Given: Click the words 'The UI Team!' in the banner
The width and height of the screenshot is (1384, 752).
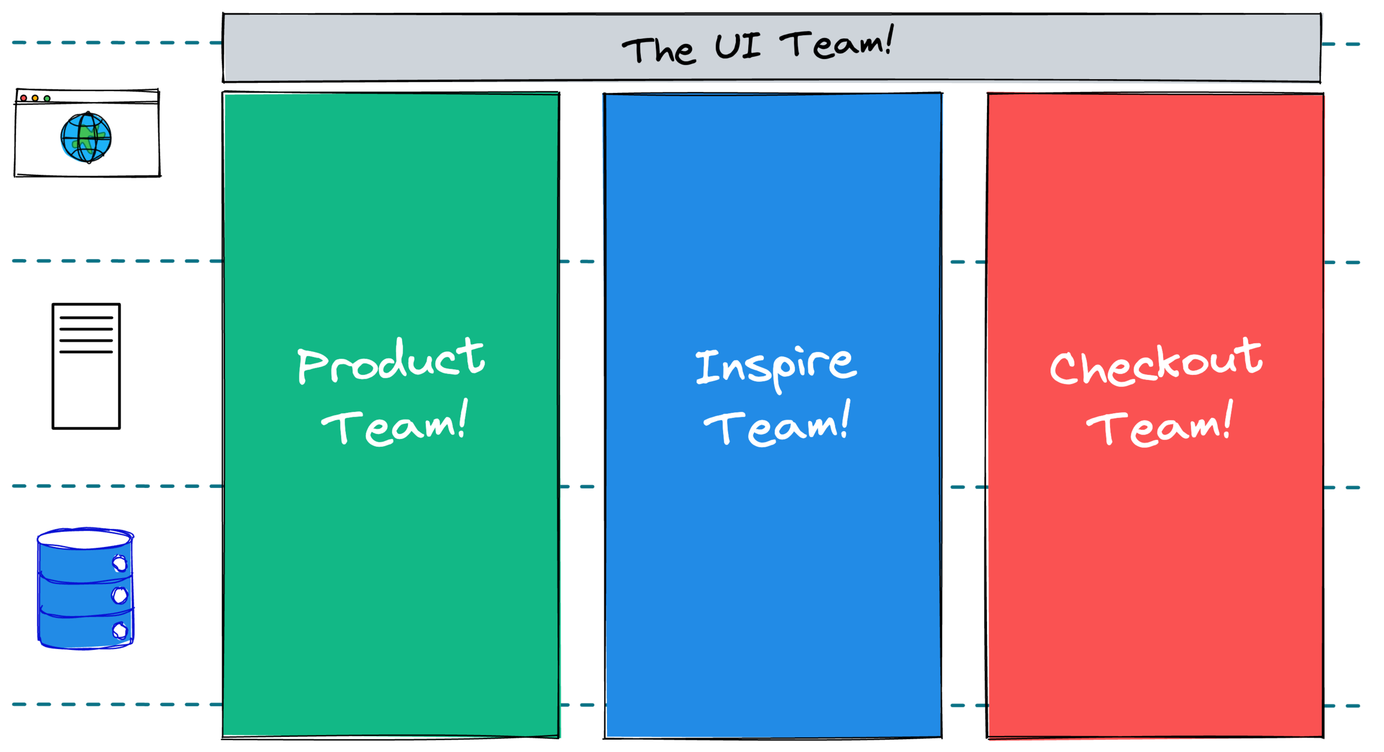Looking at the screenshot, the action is (757, 47).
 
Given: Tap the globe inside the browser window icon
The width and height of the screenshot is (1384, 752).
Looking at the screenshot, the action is (86, 137).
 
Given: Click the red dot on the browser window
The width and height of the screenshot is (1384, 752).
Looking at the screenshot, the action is (23, 98).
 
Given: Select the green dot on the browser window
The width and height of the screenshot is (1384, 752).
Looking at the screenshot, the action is (47, 99).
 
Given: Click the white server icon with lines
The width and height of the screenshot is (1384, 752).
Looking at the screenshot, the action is (86, 365).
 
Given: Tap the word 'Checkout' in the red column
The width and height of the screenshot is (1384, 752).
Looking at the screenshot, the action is (1156, 363).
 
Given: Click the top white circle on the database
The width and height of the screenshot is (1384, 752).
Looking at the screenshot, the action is (120, 564).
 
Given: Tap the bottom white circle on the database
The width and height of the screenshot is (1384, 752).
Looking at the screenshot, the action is (120, 631).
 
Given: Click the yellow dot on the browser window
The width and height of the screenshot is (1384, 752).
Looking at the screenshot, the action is (35, 98).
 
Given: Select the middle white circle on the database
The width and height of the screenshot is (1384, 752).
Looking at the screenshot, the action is (120, 595).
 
